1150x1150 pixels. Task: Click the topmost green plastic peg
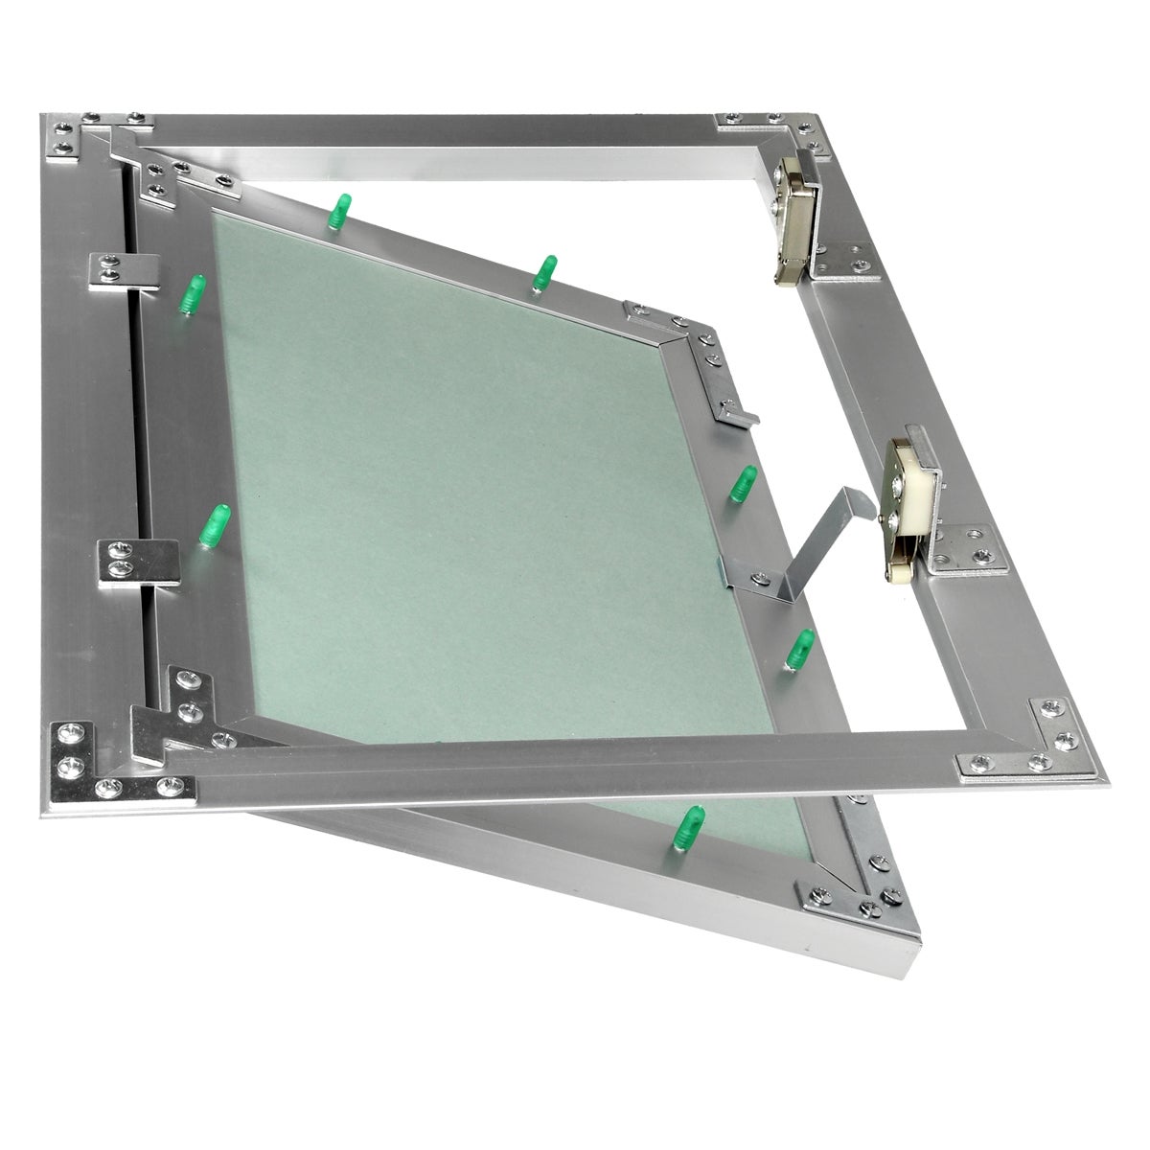[339, 211]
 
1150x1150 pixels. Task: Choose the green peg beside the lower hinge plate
[215, 526]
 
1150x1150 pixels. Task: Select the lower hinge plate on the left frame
[138, 562]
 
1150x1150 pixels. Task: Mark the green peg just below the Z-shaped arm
[799, 648]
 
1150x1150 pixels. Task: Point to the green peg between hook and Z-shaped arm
[742, 484]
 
